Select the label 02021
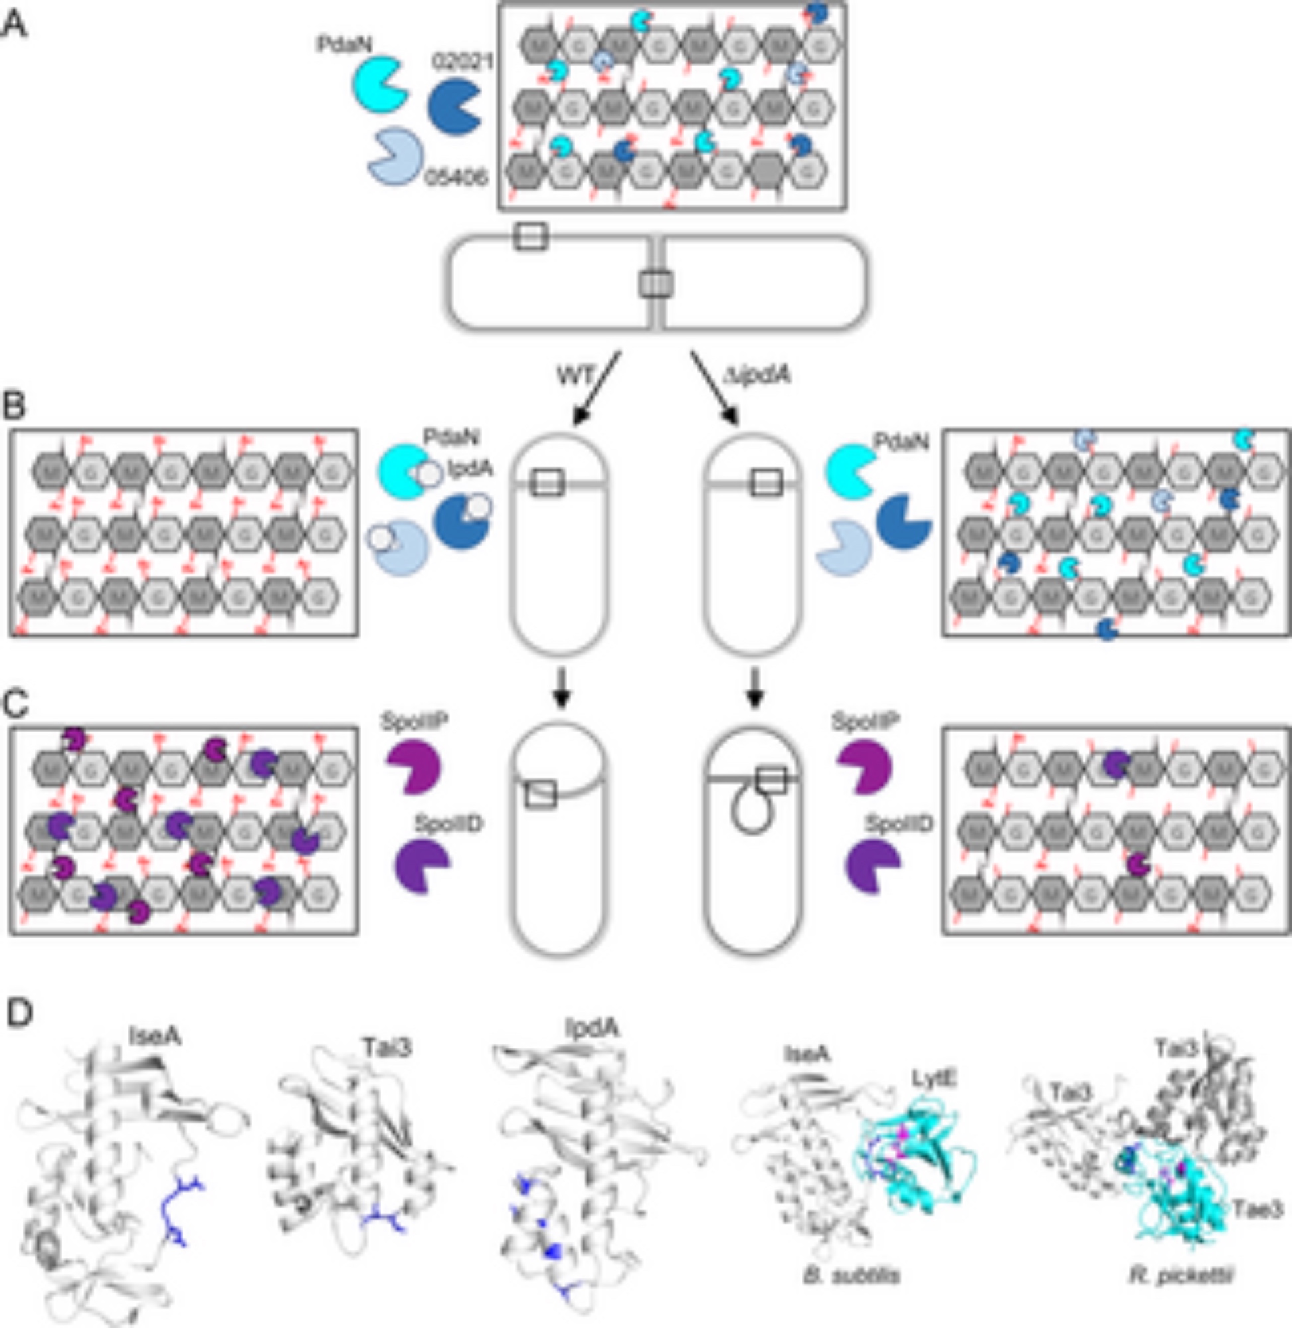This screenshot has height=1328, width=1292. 462,62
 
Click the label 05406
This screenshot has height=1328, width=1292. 456,178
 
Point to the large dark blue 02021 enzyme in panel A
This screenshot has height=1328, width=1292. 454,106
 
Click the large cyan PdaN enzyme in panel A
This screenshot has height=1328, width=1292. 379,85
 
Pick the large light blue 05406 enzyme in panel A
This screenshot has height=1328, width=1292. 395,156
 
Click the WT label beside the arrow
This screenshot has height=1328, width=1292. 575,374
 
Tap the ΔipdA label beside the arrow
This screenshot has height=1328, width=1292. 759,374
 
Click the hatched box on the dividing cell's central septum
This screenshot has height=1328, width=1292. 656,284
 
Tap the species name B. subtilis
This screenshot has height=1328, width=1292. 852,1276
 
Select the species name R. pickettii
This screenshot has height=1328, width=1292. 1181,1276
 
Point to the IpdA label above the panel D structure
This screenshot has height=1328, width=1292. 592,1029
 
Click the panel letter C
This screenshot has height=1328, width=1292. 17,705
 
